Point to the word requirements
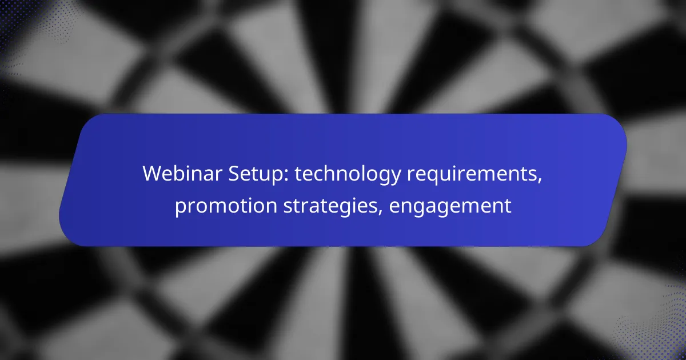click(x=472, y=174)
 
